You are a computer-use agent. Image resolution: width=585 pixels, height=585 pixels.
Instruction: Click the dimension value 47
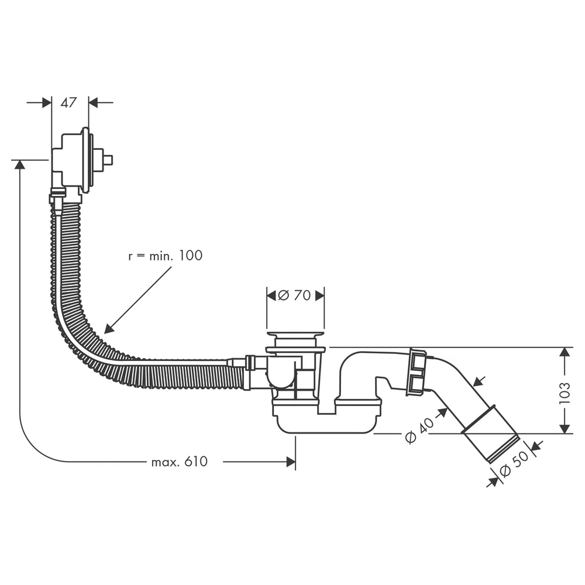68,102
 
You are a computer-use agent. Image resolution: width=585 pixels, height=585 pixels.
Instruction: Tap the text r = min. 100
166,256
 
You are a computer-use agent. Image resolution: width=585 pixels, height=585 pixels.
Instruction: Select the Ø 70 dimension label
294,295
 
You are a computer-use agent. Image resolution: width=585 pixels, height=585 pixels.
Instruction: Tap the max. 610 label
180,462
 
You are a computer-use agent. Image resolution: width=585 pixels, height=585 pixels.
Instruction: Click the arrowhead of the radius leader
109,328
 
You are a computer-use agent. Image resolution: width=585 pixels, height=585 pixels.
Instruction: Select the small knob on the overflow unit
109,160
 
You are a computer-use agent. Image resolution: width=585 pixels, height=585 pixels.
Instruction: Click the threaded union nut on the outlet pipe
416,371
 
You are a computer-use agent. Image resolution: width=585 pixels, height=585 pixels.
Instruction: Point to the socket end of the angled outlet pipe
491,434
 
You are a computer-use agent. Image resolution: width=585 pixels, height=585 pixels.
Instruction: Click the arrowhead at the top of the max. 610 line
19,164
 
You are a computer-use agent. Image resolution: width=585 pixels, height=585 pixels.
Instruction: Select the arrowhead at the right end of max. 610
291,462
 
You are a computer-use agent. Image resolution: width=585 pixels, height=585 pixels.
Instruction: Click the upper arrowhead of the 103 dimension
565,352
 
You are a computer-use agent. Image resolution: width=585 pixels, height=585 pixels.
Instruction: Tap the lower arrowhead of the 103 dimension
565,429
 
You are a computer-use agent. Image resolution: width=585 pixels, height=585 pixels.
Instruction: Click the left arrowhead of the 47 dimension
47,102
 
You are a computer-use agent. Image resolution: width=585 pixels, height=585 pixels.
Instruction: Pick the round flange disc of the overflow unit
86,160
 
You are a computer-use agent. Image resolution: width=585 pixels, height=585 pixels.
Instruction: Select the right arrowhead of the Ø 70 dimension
320,295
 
